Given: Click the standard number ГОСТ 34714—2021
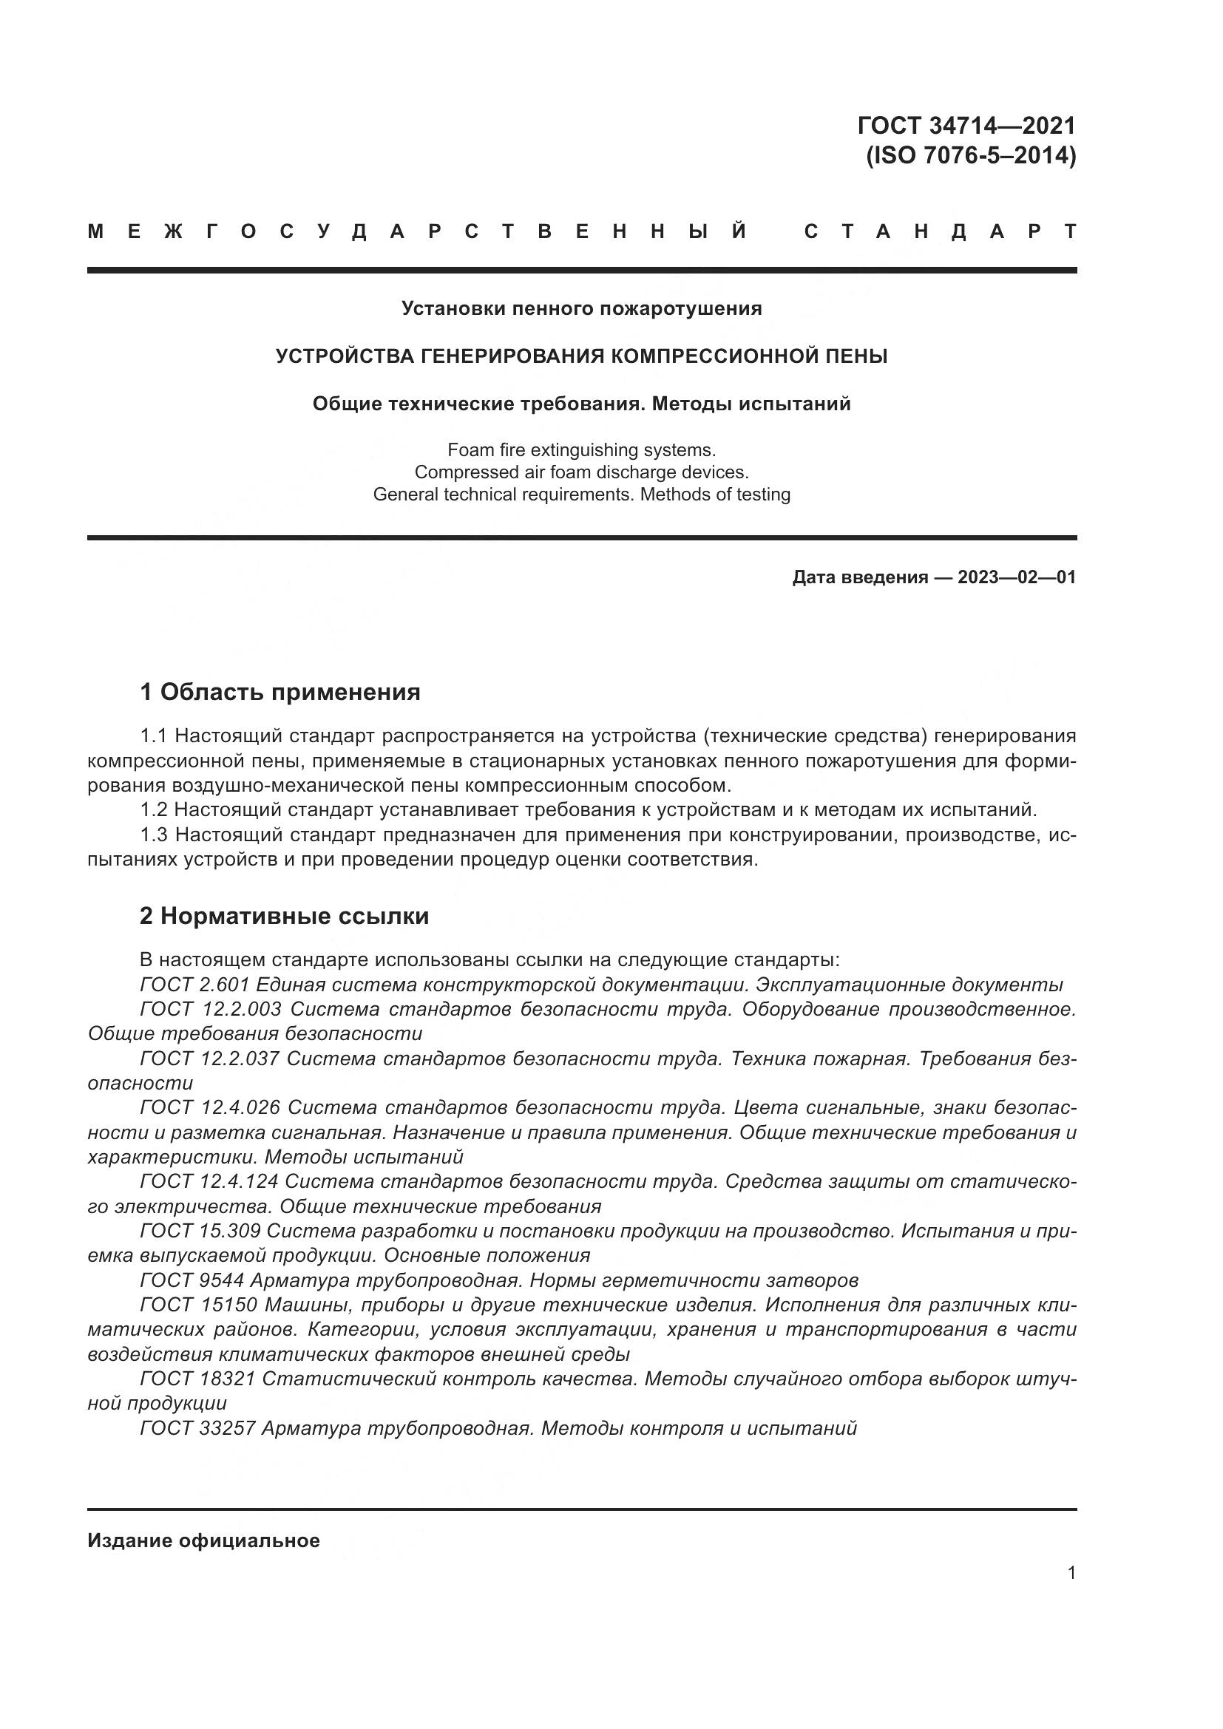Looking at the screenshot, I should tap(966, 125).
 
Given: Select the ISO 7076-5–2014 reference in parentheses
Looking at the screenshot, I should tap(971, 156).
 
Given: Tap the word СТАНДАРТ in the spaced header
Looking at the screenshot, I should tap(940, 231).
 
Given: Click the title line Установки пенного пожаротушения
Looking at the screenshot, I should tap(581, 308).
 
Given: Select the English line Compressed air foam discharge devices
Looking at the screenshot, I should tap(581, 472).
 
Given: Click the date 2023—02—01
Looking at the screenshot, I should tap(1016, 577).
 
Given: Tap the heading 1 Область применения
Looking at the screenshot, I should tap(280, 691).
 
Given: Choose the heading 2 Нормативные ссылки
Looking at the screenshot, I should tap(285, 916).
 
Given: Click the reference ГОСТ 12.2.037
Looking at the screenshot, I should tap(209, 1059).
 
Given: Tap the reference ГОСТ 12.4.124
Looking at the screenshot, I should tap(209, 1181).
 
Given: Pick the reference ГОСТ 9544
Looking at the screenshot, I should tap(192, 1280).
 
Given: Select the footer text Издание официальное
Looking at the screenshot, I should tap(203, 1541).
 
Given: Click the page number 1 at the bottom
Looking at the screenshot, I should tap(1071, 1572).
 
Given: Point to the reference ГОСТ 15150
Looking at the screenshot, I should tap(199, 1305).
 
